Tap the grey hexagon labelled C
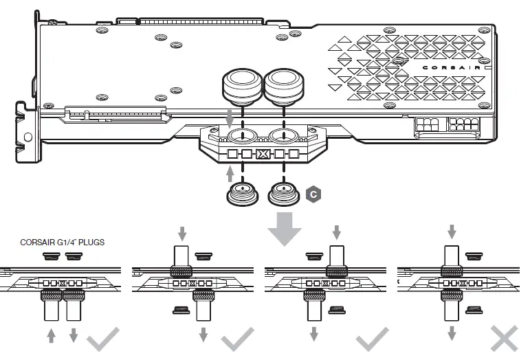click(x=313, y=194)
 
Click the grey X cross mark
click(x=505, y=339)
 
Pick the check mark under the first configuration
click(x=105, y=339)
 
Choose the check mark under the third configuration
click(x=371, y=339)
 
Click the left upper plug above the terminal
click(x=242, y=87)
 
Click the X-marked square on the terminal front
click(x=262, y=155)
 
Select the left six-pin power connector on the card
click(x=426, y=126)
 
